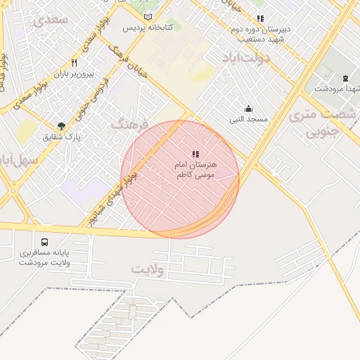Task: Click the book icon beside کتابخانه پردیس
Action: point(148,17)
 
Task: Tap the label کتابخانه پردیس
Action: point(148,28)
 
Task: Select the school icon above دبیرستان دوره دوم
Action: point(260,19)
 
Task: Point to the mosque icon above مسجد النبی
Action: point(248,108)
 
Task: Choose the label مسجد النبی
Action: point(248,120)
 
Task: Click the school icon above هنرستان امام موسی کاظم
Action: point(195,154)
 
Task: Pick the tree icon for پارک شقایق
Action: point(62,126)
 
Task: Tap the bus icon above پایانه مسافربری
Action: point(45,242)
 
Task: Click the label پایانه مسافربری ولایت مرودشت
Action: point(45,257)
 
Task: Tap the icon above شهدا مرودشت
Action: point(345,78)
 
